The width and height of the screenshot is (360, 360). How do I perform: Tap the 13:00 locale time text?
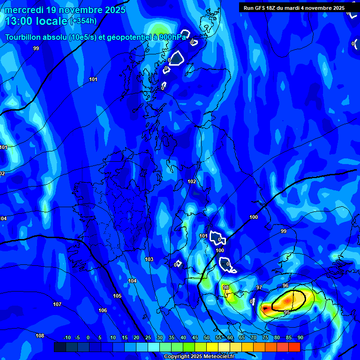pyautogui.click(x=36, y=21)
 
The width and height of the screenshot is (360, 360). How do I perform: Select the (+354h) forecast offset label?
pyautogui.click(x=83, y=21)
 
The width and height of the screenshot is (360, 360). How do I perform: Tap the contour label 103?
pyautogui.click(x=149, y=259)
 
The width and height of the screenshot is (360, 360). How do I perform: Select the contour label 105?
pyautogui.click(x=117, y=296)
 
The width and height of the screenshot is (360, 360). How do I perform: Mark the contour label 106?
pyautogui.click(x=103, y=310)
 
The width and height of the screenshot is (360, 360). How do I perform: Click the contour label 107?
pyautogui.click(x=57, y=304)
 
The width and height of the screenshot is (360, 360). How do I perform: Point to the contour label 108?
pyautogui.click(x=40, y=336)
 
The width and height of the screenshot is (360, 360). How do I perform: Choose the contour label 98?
pyautogui.click(x=226, y=287)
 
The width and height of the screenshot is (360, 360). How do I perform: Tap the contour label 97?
pyautogui.click(x=259, y=287)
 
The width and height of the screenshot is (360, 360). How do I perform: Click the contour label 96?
pyautogui.click(x=285, y=285)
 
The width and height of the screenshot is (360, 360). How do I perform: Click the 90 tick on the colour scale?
pyautogui.click(x=300, y=337)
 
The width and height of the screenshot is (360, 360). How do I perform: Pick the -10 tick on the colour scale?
pyautogui.click(x=67, y=337)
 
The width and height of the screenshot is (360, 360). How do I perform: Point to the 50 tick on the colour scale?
pyautogui.click(x=207, y=337)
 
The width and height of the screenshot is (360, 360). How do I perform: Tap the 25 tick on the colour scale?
pyautogui.click(x=148, y=337)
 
